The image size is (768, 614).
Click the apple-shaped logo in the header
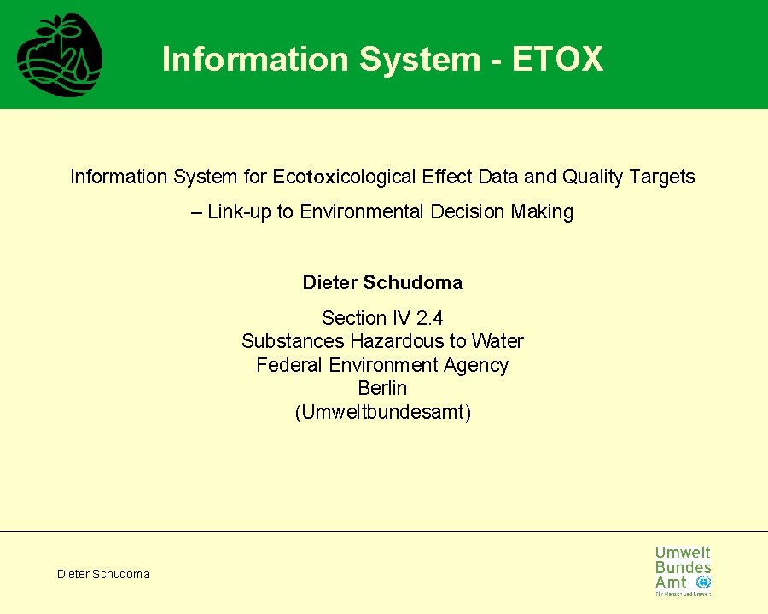tap(60, 55)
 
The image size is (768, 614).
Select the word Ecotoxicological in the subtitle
tap(343, 177)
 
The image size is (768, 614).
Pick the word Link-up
tap(240, 211)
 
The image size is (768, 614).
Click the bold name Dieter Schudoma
tap(382, 282)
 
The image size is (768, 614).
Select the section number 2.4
tap(430, 318)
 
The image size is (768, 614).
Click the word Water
tap(497, 341)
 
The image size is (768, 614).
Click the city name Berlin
tap(382, 389)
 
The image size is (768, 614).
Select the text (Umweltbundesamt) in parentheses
tap(382, 413)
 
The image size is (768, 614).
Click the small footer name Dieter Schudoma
tap(103, 574)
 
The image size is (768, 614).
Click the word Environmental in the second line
tap(363, 211)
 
